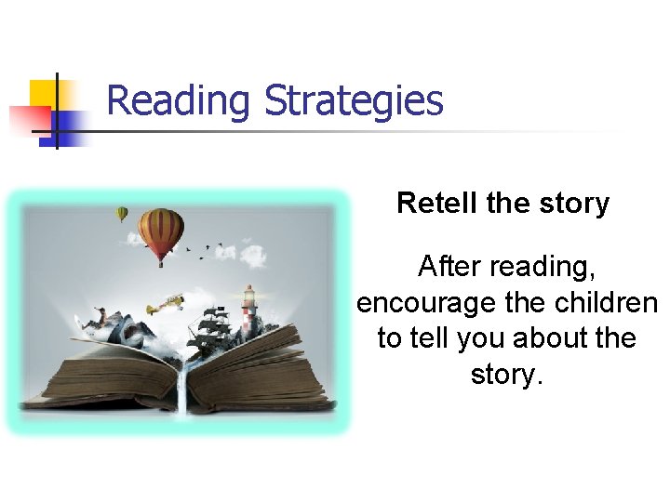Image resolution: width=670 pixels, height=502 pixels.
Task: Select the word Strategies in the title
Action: pyautogui.click(x=354, y=100)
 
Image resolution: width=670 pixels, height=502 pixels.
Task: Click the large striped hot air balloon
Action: pyautogui.click(x=161, y=232)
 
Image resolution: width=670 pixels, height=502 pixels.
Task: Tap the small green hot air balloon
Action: pyautogui.click(x=122, y=214)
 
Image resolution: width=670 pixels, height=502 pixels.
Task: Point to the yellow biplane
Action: pyautogui.click(x=166, y=303)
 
